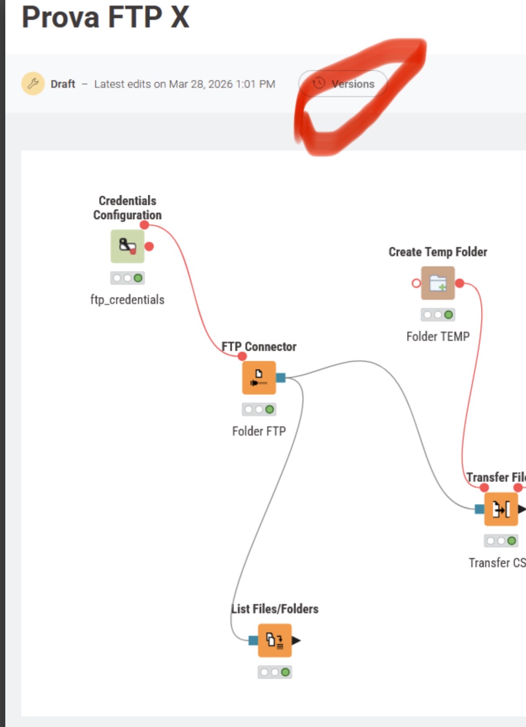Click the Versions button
point(343,83)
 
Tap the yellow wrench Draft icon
point(33,83)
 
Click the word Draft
point(63,84)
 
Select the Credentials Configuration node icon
point(127,246)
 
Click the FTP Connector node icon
point(259,377)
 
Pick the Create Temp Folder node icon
point(438,283)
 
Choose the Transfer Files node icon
point(501,509)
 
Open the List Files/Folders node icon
point(275,640)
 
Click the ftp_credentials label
point(127,299)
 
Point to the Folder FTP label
point(259,431)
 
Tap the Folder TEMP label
point(438,336)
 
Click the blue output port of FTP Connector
point(281,377)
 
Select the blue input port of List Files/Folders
point(253,640)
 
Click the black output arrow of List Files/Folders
point(296,640)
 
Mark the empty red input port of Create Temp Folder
point(416,283)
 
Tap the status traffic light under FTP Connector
point(259,409)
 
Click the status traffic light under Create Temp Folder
point(438,315)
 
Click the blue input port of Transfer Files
point(479,509)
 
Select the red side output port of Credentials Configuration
point(149,246)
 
